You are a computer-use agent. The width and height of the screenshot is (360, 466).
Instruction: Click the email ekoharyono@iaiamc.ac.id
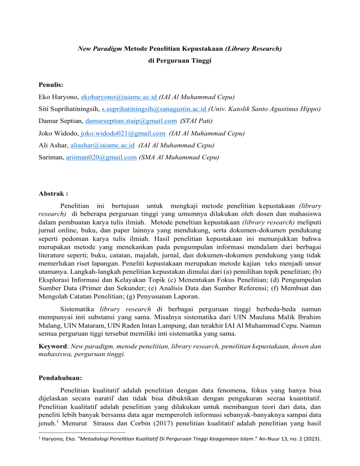click(x=119, y=98)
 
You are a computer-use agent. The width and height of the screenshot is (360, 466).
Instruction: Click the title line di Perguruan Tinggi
click(x=180, y=61)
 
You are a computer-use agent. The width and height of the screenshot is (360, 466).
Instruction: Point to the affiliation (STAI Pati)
click(x=189, y=121)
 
